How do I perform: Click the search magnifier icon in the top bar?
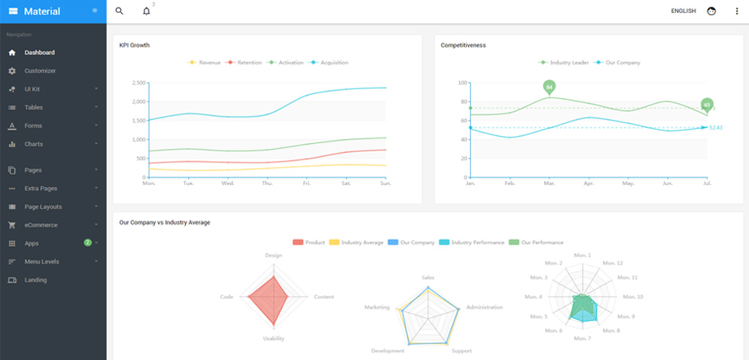[x=119, y=11]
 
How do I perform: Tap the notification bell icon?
[x=146, y=11]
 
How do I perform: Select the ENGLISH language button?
[x=683, y=11]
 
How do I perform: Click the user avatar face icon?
[x=712, y=11]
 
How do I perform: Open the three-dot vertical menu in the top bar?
[x=737, y=11]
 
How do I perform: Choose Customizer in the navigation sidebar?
[x=40, y=70]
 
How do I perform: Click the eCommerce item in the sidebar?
[x=41, y=225]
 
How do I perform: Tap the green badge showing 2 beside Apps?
[x=87, y=242]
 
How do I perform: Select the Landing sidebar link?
[x=36, y=280]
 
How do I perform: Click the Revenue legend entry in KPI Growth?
[x=204, y=63]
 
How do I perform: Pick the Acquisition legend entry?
[x=329, y=63]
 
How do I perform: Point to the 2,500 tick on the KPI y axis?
[x=138, y=83]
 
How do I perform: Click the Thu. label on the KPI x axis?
[x=267, y=183]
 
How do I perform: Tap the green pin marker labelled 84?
[x=550, y=88]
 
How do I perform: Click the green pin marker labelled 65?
[x=707, y=105]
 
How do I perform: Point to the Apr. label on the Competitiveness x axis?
[x=589, y=183]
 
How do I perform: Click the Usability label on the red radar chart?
[x=274, y=339]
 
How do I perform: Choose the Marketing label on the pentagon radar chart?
[x=377, y=307]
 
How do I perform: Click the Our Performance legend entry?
[x=537, y=242]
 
